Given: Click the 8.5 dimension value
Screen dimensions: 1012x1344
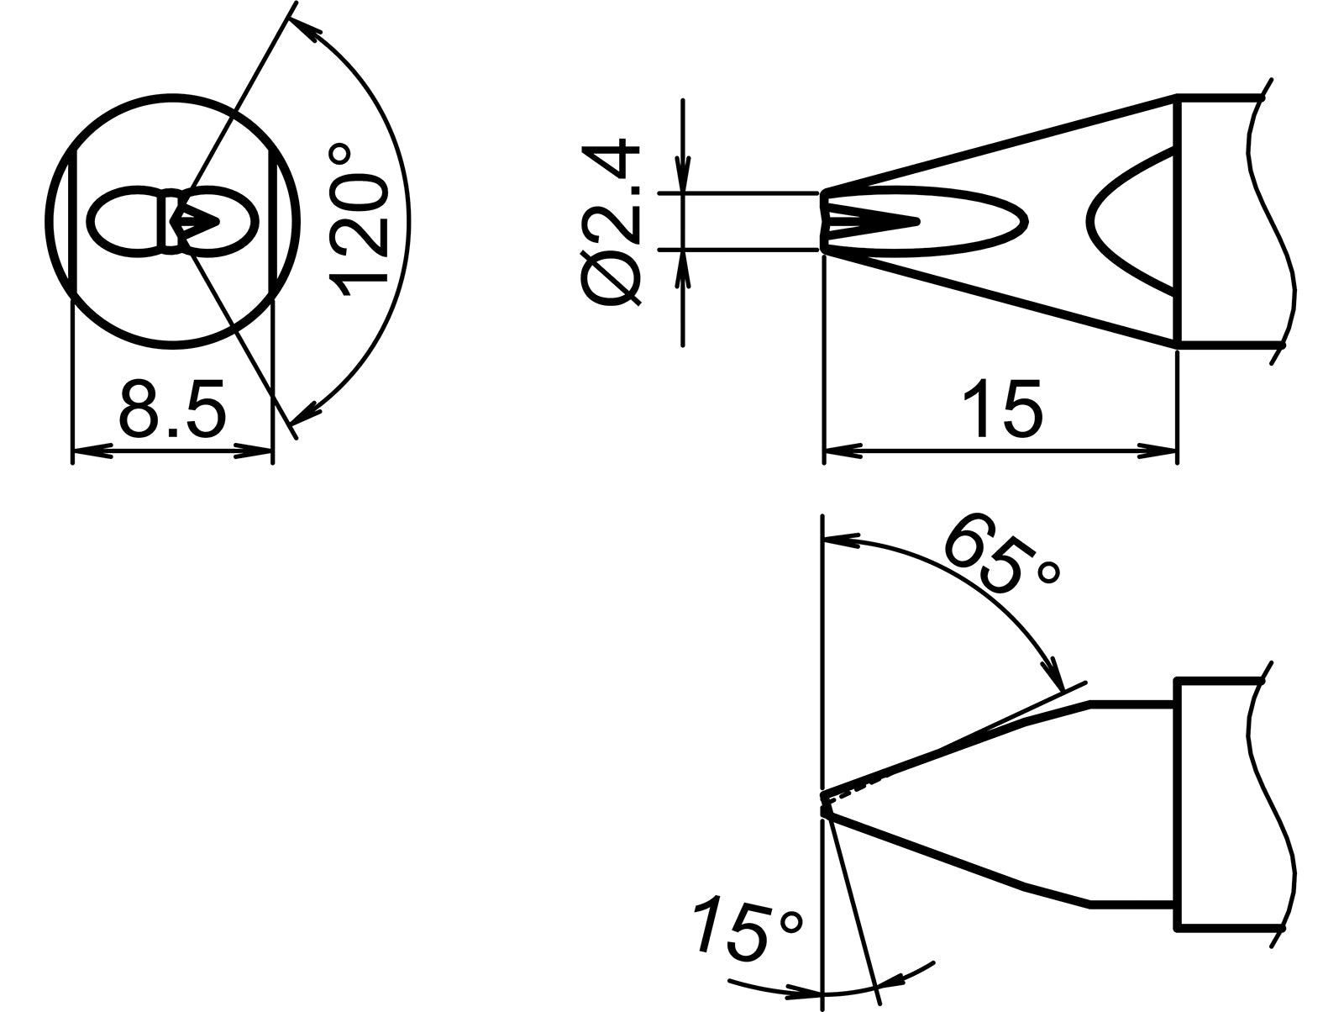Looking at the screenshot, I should tap(172, 408).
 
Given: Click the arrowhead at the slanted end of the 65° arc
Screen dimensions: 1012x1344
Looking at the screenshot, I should tap(1051, 675).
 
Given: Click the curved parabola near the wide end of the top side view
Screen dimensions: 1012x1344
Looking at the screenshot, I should tap(1126, 222).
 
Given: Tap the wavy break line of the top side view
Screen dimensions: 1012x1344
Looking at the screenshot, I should tap(1273, 222).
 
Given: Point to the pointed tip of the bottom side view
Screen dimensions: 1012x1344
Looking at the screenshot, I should tap(824, 799).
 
